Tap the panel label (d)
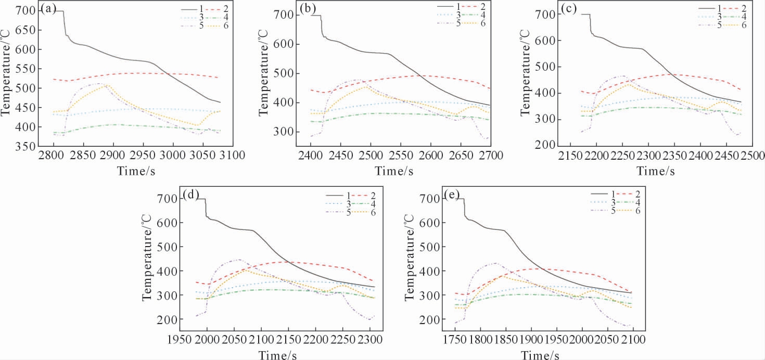click(190, 196)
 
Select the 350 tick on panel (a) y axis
click(24, 146)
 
